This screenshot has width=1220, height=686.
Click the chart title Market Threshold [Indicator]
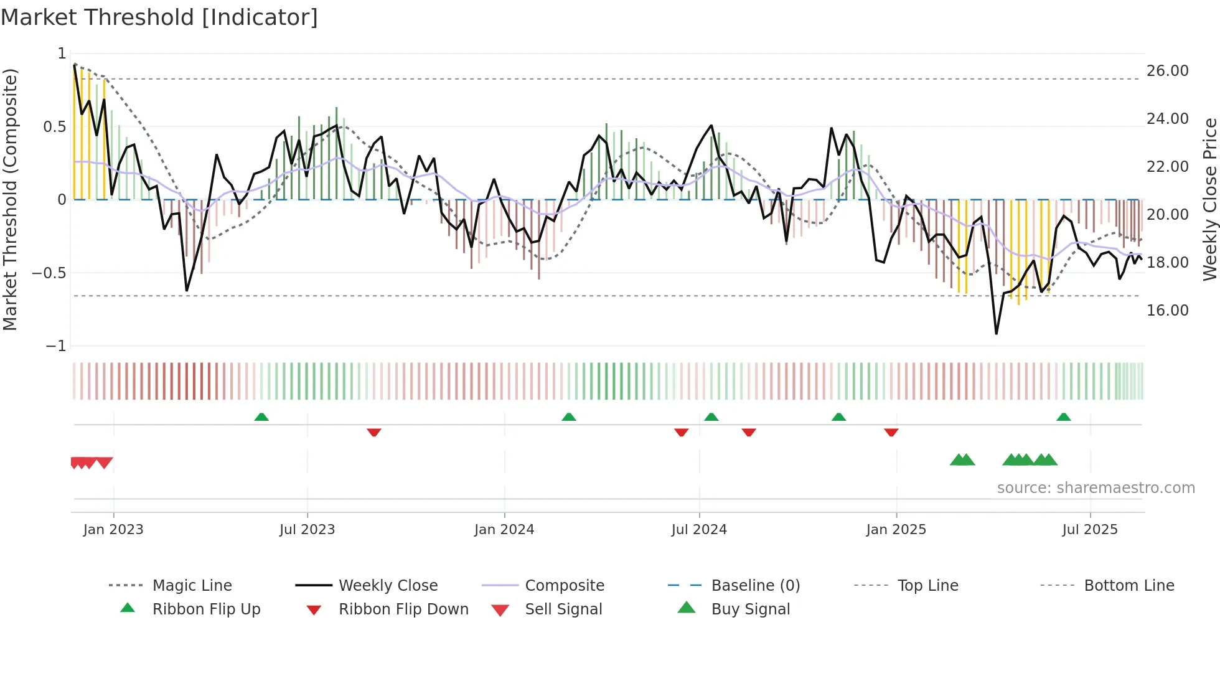159,17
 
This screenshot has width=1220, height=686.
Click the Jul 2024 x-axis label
699,530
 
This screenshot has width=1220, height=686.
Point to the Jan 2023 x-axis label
113,530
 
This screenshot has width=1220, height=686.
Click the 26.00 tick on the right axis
1167,71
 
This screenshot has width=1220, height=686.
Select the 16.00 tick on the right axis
1167,311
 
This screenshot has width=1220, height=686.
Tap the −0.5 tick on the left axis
49,273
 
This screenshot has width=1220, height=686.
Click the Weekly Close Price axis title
1209,199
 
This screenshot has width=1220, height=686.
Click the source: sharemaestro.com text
1096,488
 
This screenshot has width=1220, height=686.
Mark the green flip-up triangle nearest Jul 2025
1063,417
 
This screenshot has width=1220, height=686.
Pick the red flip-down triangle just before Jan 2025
891,432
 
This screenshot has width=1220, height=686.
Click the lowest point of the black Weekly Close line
996,334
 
